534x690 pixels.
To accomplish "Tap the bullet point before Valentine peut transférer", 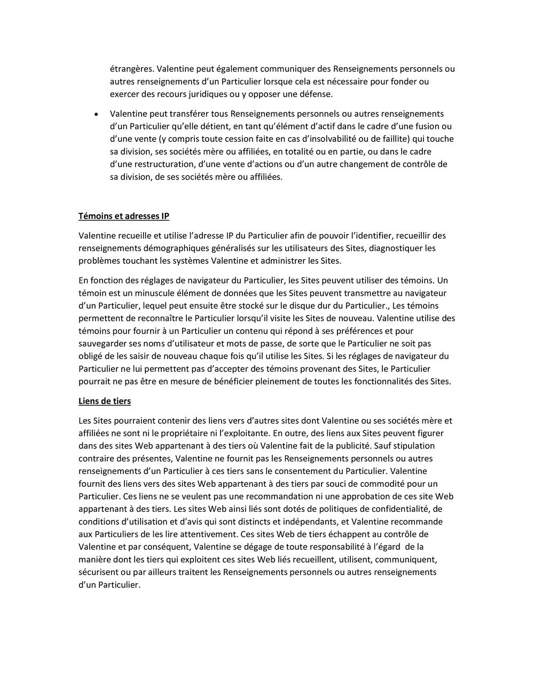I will pyautogui.click(x=96, y=114).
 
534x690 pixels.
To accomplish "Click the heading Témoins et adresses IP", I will pyautogui.click(x=123, y=216).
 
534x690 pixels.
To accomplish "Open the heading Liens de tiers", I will pyautogui.click(x=104, y=401).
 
